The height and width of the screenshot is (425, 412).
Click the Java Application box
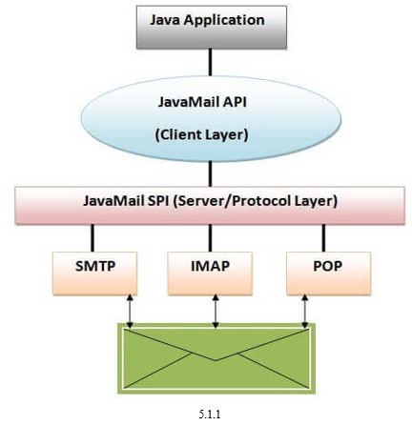pyautogui.click(x=212, y=27)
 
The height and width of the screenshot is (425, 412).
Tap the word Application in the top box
pyautogui.click(x=224, y=21)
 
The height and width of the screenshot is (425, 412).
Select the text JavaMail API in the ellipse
pyautogui.click(x=202, y=102)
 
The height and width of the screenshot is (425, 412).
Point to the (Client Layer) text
pyautogui.click(x=201, y=134)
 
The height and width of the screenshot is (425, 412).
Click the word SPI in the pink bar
pyautogui.click(x=157, y=201)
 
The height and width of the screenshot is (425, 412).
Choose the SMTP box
pyautogui.click(x=94, y=273)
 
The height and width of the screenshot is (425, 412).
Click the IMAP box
pyautogui.click(x=210, y=273)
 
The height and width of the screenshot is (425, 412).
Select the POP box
pyautogui.click(x=328, y=273)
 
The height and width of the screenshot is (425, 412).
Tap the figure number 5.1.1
pyautogui.click(x=210, y=415)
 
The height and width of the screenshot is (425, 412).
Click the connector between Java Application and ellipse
pyautogui.click(x=210, y=62)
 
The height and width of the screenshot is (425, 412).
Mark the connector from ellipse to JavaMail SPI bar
pyautogui.click(x=210, y=173)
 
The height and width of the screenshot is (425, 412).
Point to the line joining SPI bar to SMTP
pyautogui.click(x=93, y=238)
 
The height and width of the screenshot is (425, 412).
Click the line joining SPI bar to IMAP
pyautogui.click(x=210, y=238)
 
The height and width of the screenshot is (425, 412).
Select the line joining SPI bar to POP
pyautogui.click(x=323, y=238)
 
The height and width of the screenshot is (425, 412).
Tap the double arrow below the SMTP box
pyautogui.click(x=130, y=312)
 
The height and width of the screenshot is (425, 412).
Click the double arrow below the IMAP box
pyautogui.click(x=216, y=312)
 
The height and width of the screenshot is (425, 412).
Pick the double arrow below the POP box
pyautogui.click(x=305, y=312)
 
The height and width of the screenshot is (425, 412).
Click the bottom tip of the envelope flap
pyautogui.click(x=216, y=360)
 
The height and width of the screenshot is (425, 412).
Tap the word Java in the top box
pyautogui.click(x=165, y=20)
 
